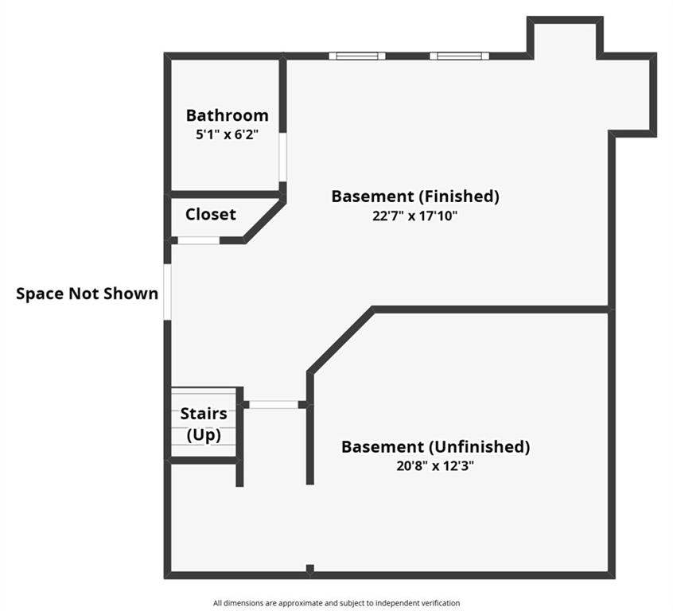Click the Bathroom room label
(x=227, y=115)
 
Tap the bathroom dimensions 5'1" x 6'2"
(x=227, y=134)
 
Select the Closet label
(x=210, y=214)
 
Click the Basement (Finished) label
(x=415, y=197)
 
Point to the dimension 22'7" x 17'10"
(x=415, y=216)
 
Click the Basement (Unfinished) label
(x=435, y=447)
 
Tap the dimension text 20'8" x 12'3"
(x=435, y=466)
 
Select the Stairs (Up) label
(x=204, y=424)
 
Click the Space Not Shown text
(x=88, y=294)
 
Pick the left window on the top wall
(x=357, y=56)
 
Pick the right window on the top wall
(x=459, y=56)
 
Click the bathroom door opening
(x=282, y=158)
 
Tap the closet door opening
(x=199, y=240)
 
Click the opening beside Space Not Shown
(x=167, y=291)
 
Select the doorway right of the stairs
(x=274, y=404)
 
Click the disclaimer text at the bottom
(x=336, y=603)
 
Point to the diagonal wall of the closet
(x=264, y=220)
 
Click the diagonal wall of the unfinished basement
(x=340, y=341)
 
